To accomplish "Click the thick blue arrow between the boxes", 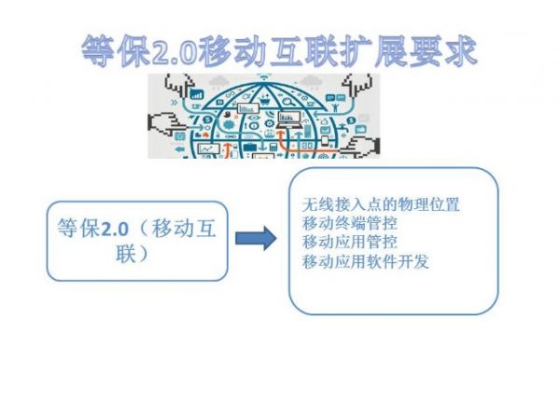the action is coord(256,238).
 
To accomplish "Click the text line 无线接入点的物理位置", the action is coord(381,204).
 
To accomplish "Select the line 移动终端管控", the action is coord(350,224).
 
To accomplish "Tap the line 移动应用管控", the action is coord(350,242).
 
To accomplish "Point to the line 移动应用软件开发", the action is coord(365,261).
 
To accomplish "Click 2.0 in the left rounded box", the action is coord(115,229).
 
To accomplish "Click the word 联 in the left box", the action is coord(125,254).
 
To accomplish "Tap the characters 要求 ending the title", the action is coord(442,51).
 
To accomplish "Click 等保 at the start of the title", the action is coord(117,51).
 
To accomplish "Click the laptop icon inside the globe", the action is coord(288,120).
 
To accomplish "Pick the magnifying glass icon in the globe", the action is coord(288,101).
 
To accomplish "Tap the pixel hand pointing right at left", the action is coord(167,123).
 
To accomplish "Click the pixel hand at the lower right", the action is coord(360,147).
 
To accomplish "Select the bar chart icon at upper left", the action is coord(197,94).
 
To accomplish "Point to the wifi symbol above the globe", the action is coord(264,77).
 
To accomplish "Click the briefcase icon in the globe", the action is coord(249,147).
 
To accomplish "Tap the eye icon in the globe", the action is coord(254,118).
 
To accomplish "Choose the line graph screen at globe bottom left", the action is coord(209,148).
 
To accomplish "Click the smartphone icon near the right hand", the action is coord(325,141).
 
